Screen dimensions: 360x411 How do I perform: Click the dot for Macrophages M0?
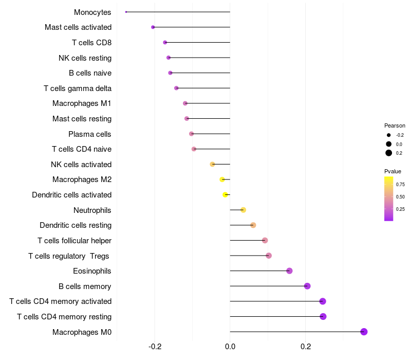point(364,332)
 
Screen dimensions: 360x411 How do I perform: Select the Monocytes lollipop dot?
point(126,12)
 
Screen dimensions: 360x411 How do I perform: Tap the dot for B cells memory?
point(307,286)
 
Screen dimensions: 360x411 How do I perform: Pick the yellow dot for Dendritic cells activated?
point(225,195)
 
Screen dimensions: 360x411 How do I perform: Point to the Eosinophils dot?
point(289,271)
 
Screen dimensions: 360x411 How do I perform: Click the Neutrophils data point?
point(243,210)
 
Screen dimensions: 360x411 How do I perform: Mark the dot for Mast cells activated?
point(153,27)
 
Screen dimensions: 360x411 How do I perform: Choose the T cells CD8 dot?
point(165,42)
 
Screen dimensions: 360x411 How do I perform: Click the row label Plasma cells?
point(90,134)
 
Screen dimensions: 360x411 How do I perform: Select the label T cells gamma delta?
point(78,88)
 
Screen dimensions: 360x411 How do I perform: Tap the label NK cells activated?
point(81,165)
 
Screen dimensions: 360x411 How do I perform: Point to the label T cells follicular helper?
point(74,241)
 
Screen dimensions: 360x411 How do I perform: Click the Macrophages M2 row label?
point(82,179)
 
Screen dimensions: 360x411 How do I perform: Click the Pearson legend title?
point(395,125)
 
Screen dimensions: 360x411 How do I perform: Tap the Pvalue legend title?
point(393,171)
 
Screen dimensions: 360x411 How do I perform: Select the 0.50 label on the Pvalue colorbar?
point(400,196)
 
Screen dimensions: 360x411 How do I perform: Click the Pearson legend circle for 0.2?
point(389,153)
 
